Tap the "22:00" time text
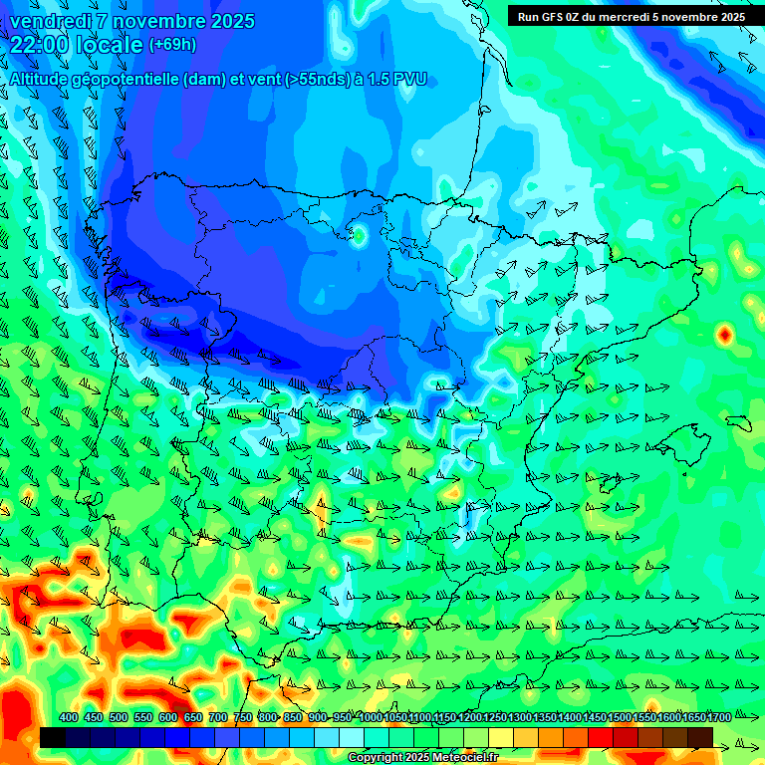tap(38, 45)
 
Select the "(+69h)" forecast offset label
tap(172, 45)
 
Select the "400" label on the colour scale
tap(69, 717)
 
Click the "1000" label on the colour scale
tap(370, 717)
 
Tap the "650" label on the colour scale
tap(193, 717)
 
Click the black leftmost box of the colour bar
tap(53, 737)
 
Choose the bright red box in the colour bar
tap(601, 737)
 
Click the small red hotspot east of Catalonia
tap(724, 335)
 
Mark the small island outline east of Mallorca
tap(738, 422)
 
